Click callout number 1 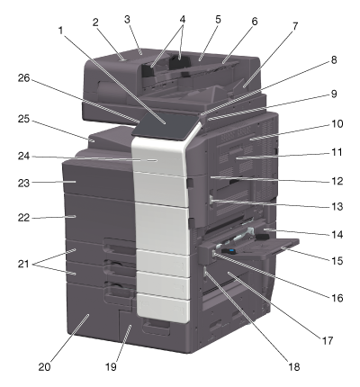(61, 30)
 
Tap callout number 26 (24, 78)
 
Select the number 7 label (295, 26)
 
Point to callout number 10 (337, 123)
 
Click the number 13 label (337, 206)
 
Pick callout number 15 (337, 260)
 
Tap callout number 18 (294, 366)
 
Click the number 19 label (111, 366)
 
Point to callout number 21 (24, 264)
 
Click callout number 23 (24, 183)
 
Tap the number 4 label (183, 20)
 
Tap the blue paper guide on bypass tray (231, 249)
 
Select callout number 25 (24, 120)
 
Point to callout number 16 (337, 298)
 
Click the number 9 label (334, 94)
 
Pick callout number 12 (337, 181)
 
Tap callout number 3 (127, 20)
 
